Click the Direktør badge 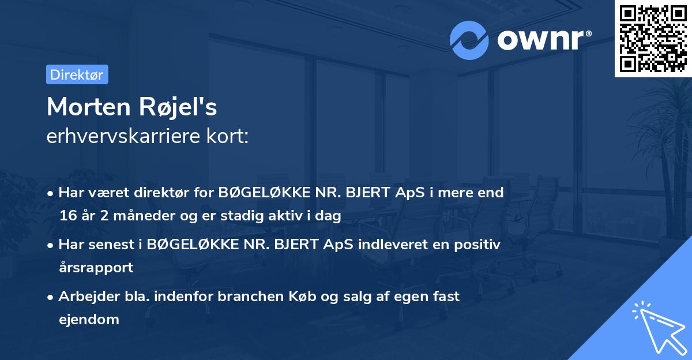coord(77,74)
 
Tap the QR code coord(653,38)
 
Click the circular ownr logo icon coord(469,40)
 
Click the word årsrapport coord(96,267)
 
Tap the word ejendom coord(89,319)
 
